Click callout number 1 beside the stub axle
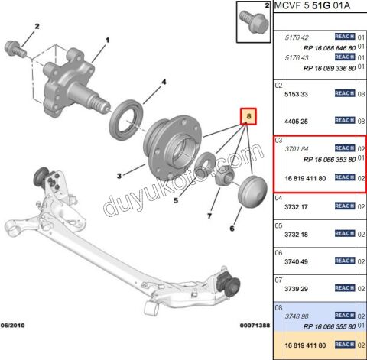[x=107, y=41]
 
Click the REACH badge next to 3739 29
[x=346, y=288]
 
